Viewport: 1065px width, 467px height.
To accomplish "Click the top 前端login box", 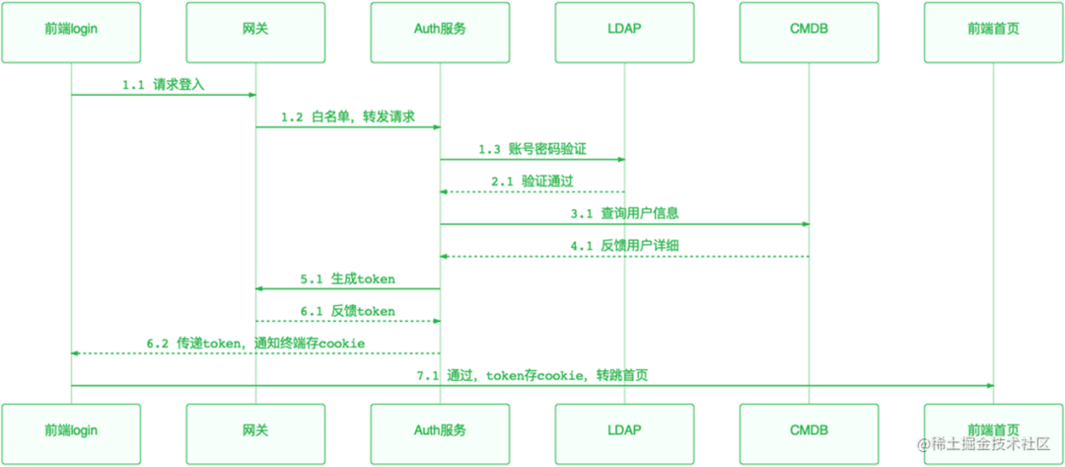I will click(71, 29).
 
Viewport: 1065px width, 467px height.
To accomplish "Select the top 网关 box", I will click(255, 29).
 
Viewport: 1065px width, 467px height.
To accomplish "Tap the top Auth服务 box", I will click(440, 29).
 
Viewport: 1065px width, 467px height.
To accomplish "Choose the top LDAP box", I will click(624, 29).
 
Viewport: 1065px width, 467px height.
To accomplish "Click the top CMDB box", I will click(809, 29).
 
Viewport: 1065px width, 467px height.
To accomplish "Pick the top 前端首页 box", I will click(993, 29).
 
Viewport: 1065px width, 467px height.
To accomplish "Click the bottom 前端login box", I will click(71, 429).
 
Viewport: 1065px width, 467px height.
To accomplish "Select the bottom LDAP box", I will click(624, 429).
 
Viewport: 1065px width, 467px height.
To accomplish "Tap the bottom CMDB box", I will click(809, 429).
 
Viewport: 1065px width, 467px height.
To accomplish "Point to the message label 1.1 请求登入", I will click(163, 85).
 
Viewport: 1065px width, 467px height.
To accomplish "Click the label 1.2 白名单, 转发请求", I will click(347, 117).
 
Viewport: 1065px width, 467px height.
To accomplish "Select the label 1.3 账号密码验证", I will click(532, 149).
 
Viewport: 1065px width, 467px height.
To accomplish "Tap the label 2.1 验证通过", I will click(532, 182).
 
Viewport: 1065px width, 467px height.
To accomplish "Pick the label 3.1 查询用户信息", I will click(624, 213).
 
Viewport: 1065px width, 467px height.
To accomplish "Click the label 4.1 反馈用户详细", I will click(624, 246).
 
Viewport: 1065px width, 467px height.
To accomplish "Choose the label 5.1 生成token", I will click(348, 278).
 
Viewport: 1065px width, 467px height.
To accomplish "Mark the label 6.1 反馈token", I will click(348, 311).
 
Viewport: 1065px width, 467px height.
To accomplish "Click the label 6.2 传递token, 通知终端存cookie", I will click(255, 343).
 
